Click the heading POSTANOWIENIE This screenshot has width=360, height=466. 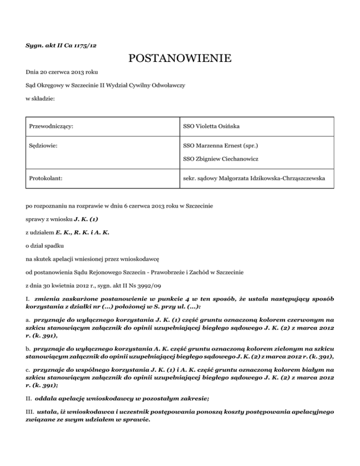(x=180, y=59)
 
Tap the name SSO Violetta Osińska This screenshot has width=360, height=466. (x=213, y=126)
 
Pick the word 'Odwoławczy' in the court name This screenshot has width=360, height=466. (x=165, y=86)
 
